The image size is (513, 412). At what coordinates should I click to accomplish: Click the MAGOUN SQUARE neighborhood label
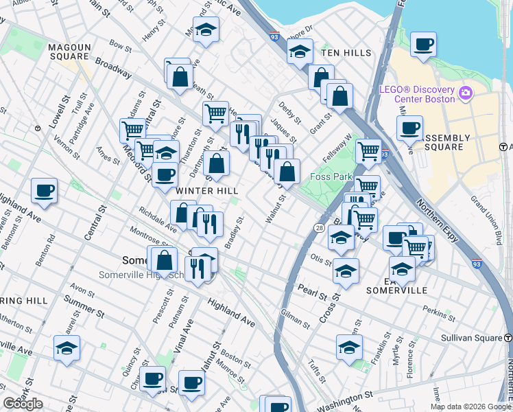pos(70,51)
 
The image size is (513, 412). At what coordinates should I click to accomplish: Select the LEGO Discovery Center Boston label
pos(417,94)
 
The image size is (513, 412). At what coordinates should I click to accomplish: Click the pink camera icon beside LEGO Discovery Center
pos(466,92)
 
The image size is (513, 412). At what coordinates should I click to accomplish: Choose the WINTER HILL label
pos(207,190)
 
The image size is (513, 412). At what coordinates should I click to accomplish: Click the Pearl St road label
pos(311,291)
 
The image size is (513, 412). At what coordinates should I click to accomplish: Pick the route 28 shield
pos(320,227)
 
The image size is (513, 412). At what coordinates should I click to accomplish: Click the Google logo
pos(23,404)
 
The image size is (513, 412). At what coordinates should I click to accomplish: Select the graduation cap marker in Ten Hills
pos(300,52)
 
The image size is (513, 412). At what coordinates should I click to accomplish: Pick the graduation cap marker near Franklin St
pos(349,347)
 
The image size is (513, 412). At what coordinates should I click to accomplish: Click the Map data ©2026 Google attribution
pos(470,407)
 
